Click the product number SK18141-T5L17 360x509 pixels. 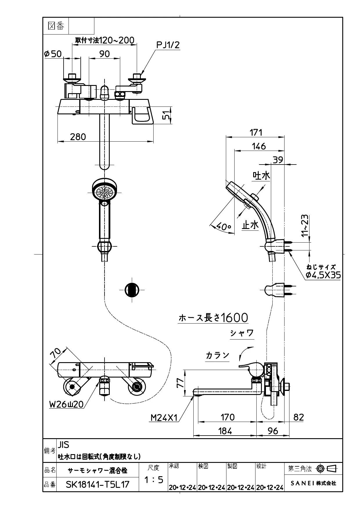[98, 484]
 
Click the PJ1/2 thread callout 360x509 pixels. [168, 45]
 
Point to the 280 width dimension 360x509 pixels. [78, 136]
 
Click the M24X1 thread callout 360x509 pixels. [164, 418]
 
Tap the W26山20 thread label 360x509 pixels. [66, 404]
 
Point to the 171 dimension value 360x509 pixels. [256, 132]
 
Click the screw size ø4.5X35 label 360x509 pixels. [323, 275]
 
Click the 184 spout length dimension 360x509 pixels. [225, 431]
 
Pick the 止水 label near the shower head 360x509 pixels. [250, 225]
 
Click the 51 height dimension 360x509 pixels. [166, 115]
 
